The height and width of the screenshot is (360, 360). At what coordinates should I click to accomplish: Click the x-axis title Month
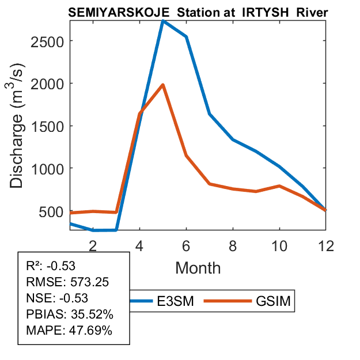pyautogui.click(x=198, y=267)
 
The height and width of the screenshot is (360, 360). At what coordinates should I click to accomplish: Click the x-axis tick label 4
pyautogui.click(x=139, y=245)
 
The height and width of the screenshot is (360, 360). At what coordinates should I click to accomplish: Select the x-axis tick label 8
pyautogui.click(x=233, y=245)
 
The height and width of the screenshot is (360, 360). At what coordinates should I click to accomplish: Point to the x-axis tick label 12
pyautogui.click(x=326, y=245)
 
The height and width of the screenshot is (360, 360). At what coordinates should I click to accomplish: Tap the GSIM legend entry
pyautogui.click(x=271, y=301)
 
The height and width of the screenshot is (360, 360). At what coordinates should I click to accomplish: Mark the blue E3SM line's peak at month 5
pyautogui.click(x=163, y=21)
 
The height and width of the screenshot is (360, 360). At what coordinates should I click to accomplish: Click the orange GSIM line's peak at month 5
pyautogui.click(x=163, y=85)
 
